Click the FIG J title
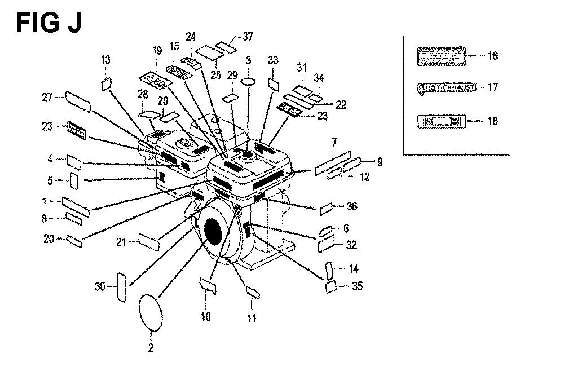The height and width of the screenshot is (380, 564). tap(49, 23)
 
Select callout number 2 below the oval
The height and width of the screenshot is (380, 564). tap(151, 348)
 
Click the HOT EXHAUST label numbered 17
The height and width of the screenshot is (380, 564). tap(446, 87)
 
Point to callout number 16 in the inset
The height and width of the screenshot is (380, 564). tap(492, 56)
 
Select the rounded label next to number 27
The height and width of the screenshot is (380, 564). tap(78, 102)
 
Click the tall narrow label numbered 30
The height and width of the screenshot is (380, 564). tap(120, 287)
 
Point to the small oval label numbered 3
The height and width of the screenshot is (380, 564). tap(249, 82)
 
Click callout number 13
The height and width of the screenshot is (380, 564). tap(106, 60)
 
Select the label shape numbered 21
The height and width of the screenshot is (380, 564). tap(148, 242)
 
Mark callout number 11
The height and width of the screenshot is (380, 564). tap(252, 319)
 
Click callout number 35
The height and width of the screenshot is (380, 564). tap(357, 286)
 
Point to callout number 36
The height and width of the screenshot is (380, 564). tap(352, 206)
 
